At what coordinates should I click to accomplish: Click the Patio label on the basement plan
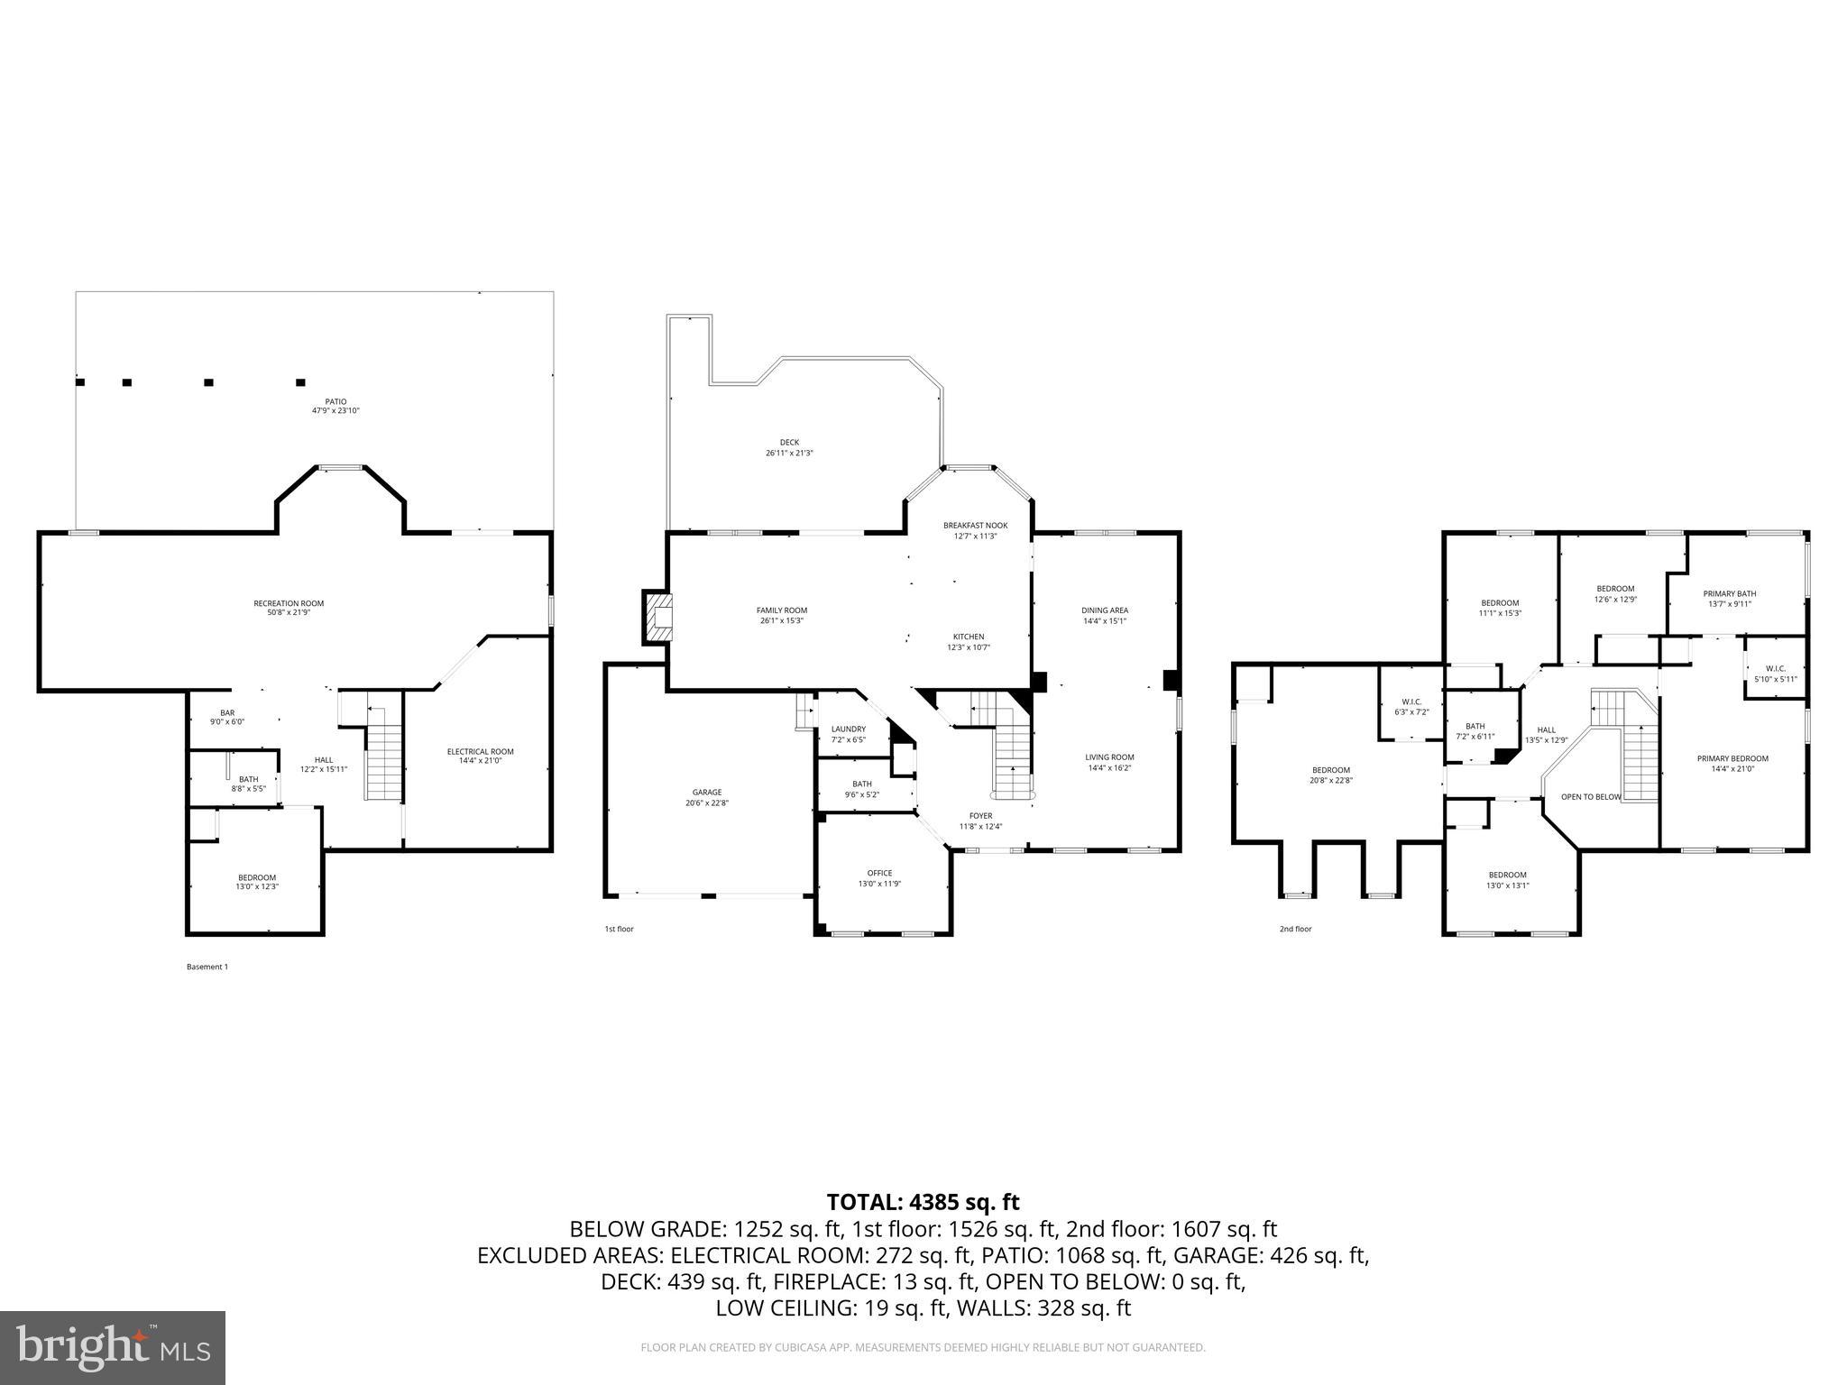coord(335,406)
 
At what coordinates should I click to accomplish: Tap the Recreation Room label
coord(289,608)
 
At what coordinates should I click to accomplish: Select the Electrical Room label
coord(480,756)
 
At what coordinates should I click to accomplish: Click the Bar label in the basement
coord(227,717)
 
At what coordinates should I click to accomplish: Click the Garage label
coord(707,797)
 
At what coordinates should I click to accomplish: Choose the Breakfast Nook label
coord(975,530)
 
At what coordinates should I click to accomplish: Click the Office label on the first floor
coord(879,877)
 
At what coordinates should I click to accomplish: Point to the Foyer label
coord(980,821)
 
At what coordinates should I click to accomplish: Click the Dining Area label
coord(1105,615)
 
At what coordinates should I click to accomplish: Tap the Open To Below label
coord(1591,797)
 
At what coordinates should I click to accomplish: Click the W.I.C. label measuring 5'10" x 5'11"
coord(1775,674)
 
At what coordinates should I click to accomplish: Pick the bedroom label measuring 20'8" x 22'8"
coord(1331,775)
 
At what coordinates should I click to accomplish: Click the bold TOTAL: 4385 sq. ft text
coord(923,1202)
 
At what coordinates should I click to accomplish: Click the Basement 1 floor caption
coord(207,967)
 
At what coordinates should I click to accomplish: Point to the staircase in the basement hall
coord(384,754)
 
